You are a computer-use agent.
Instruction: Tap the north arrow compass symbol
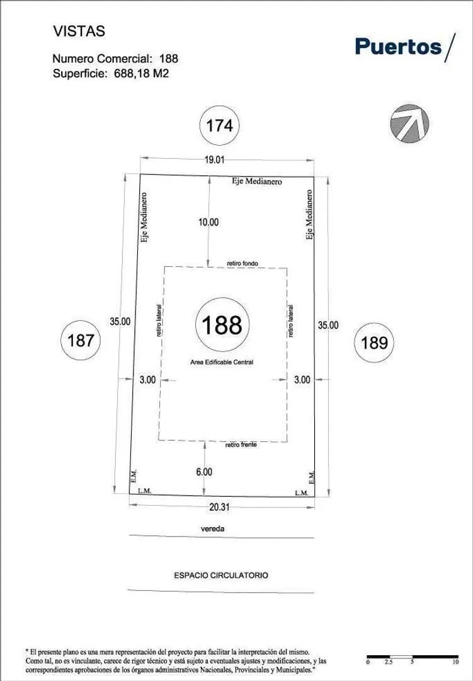(409, 124)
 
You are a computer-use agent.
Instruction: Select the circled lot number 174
(220, 126)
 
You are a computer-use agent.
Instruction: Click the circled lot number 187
(81, 340)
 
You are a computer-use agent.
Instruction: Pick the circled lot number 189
(374, 342)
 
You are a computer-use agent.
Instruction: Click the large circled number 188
(222, 325)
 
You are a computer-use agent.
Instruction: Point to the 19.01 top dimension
(214, 160)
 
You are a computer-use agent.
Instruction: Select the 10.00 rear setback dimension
(208, 223)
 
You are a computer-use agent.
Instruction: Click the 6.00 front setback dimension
(204, 472)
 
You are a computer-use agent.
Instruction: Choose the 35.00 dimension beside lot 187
(120, 322)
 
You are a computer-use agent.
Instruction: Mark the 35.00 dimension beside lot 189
(328, 325)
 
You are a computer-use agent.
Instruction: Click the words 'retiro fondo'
(242, 263)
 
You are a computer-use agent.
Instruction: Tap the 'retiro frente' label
(241, 445)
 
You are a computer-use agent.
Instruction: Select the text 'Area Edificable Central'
(222, 362)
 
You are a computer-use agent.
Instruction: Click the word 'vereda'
(213, 529)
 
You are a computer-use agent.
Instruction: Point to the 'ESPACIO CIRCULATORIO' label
(221, 576)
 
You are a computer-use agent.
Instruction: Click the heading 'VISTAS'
(79, 32)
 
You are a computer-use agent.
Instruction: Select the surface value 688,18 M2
(142, 73)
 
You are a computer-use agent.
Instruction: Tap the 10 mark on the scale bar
(455, 674)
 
